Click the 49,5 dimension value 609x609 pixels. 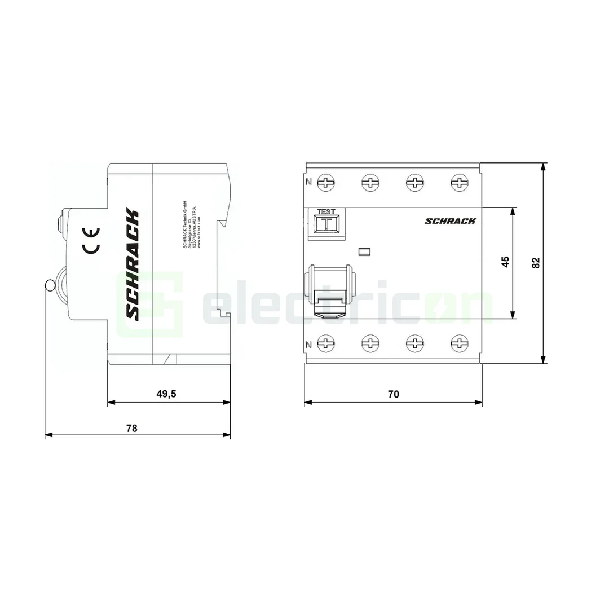click(166, 394)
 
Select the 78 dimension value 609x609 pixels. click(131, 427)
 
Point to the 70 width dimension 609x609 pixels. click(393, 394)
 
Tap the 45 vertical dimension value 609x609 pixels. click(505, 262)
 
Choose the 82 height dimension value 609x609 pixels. click(536, 262)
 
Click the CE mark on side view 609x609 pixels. click(91, 240)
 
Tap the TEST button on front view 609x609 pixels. click(326, 224)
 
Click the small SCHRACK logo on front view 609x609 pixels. click(449, 221)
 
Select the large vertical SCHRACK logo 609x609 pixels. click(131, 264)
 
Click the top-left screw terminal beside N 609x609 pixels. click(326, 182)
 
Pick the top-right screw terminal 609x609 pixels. click(460, 182)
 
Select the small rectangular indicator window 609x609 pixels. click(364, 251)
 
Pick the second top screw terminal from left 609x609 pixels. click(371, 182)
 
